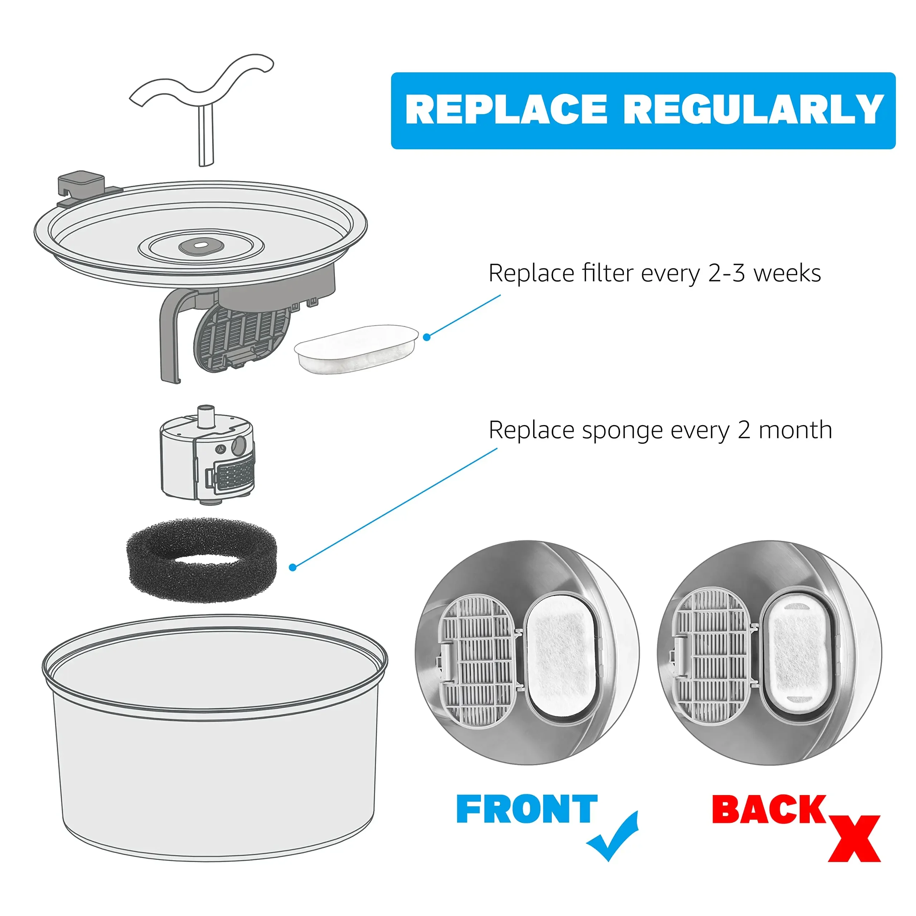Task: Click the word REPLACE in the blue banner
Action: pos(506,109)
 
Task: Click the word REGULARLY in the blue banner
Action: pos(754,109)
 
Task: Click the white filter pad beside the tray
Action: pos(356,349)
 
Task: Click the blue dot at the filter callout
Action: pos(427,337)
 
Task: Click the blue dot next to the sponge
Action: pos(293,567)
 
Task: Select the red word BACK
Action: pos(769,809)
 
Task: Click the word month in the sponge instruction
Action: pos(795,430)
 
